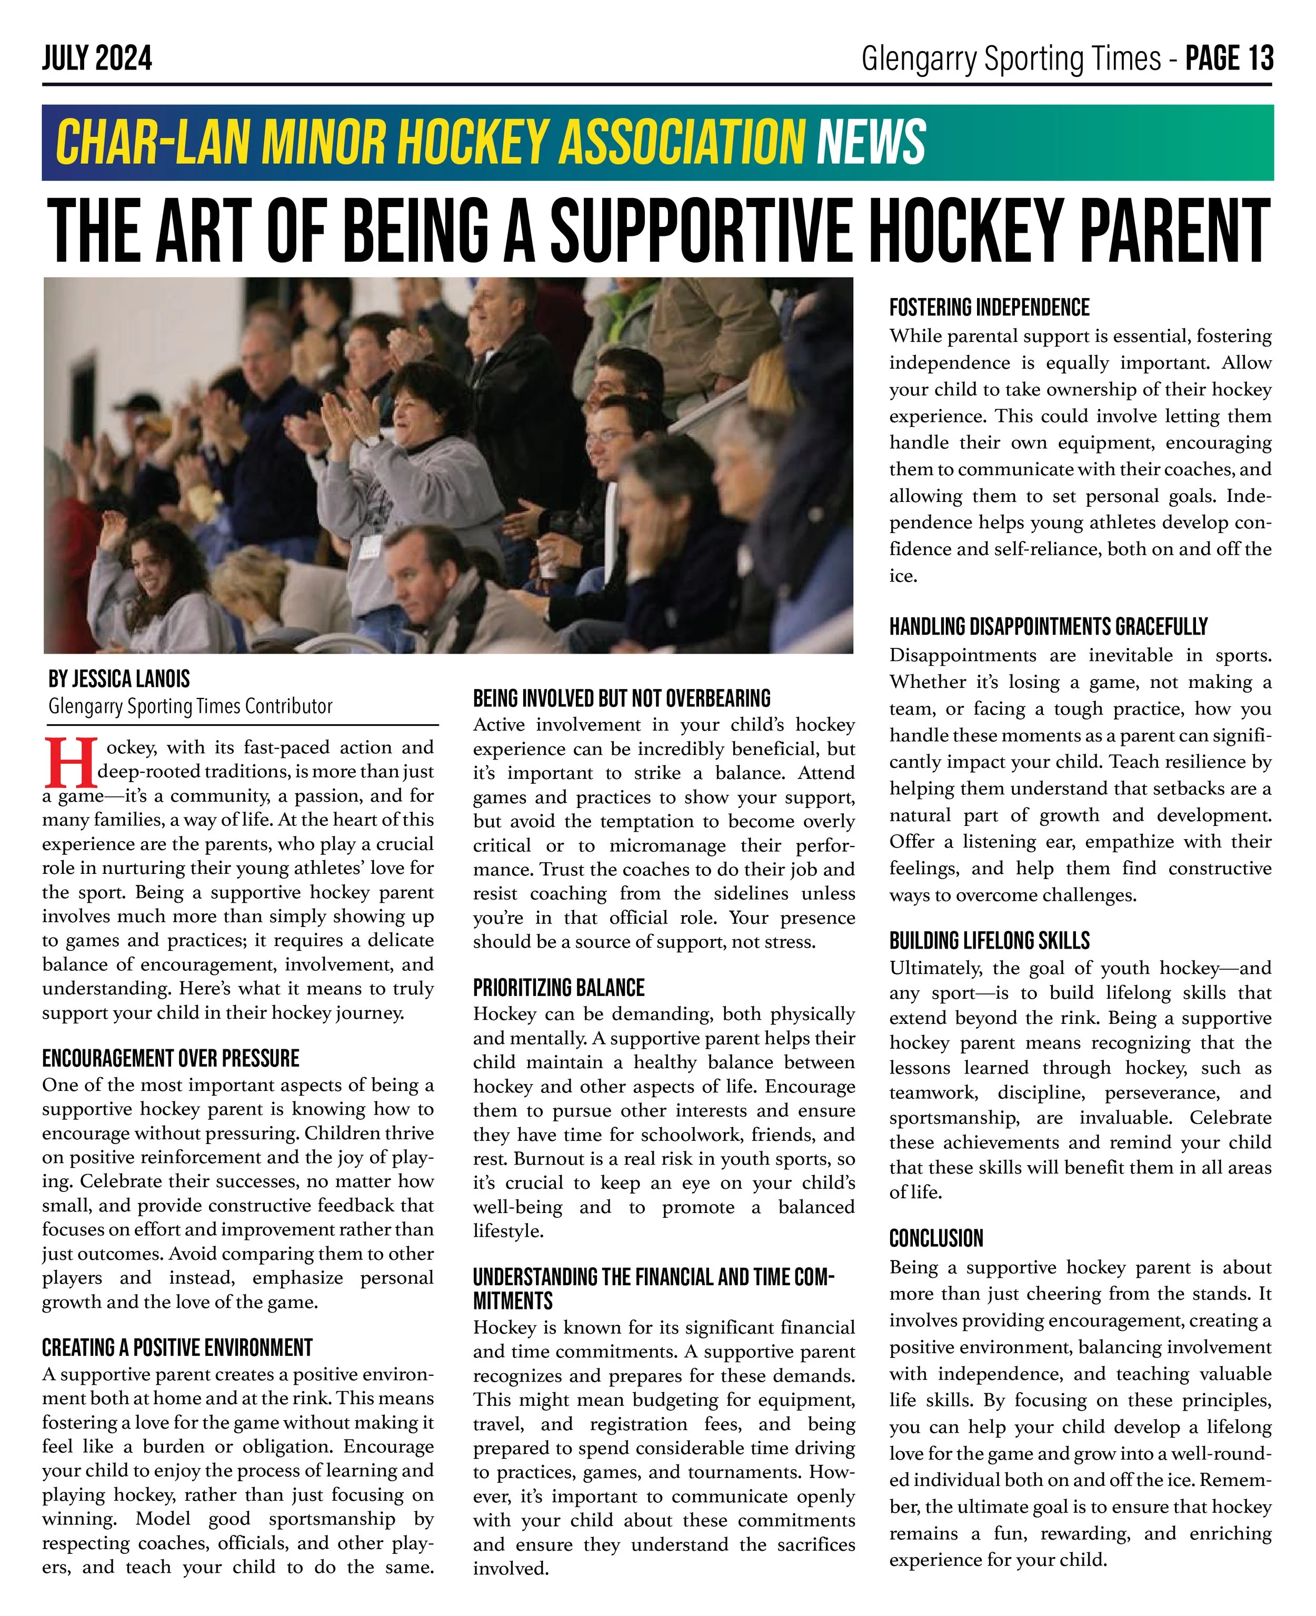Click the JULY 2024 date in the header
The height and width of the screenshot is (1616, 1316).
97,58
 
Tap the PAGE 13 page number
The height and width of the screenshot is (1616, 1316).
1229,58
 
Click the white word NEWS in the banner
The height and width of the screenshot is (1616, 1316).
871,142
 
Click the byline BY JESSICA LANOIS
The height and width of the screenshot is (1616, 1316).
119,679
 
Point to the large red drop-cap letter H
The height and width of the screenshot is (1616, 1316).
69,762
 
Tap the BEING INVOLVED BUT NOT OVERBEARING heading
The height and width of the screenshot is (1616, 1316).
622,698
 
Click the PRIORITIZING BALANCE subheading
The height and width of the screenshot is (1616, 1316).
559,988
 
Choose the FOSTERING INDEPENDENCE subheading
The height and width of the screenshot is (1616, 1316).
989,308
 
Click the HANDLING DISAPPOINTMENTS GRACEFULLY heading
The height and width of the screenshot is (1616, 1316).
1049,627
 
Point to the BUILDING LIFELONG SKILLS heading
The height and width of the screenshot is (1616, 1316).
989,941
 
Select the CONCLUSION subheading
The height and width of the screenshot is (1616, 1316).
936,1239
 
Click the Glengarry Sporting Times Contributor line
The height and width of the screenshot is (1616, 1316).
190,707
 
